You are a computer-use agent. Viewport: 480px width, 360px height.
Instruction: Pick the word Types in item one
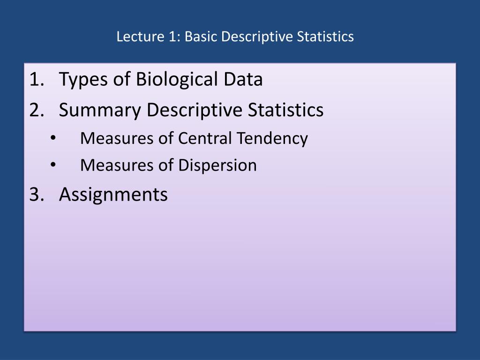[83, 80]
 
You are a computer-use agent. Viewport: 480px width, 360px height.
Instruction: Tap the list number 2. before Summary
[36, 110]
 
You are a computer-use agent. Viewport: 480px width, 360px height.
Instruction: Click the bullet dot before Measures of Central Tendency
[52, 139]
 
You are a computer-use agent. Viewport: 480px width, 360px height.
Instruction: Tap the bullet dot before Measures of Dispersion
[52, 165]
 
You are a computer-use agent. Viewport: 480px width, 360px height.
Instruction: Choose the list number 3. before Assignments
[36, 194]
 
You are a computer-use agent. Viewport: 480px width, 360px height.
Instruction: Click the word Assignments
[113, 195]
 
